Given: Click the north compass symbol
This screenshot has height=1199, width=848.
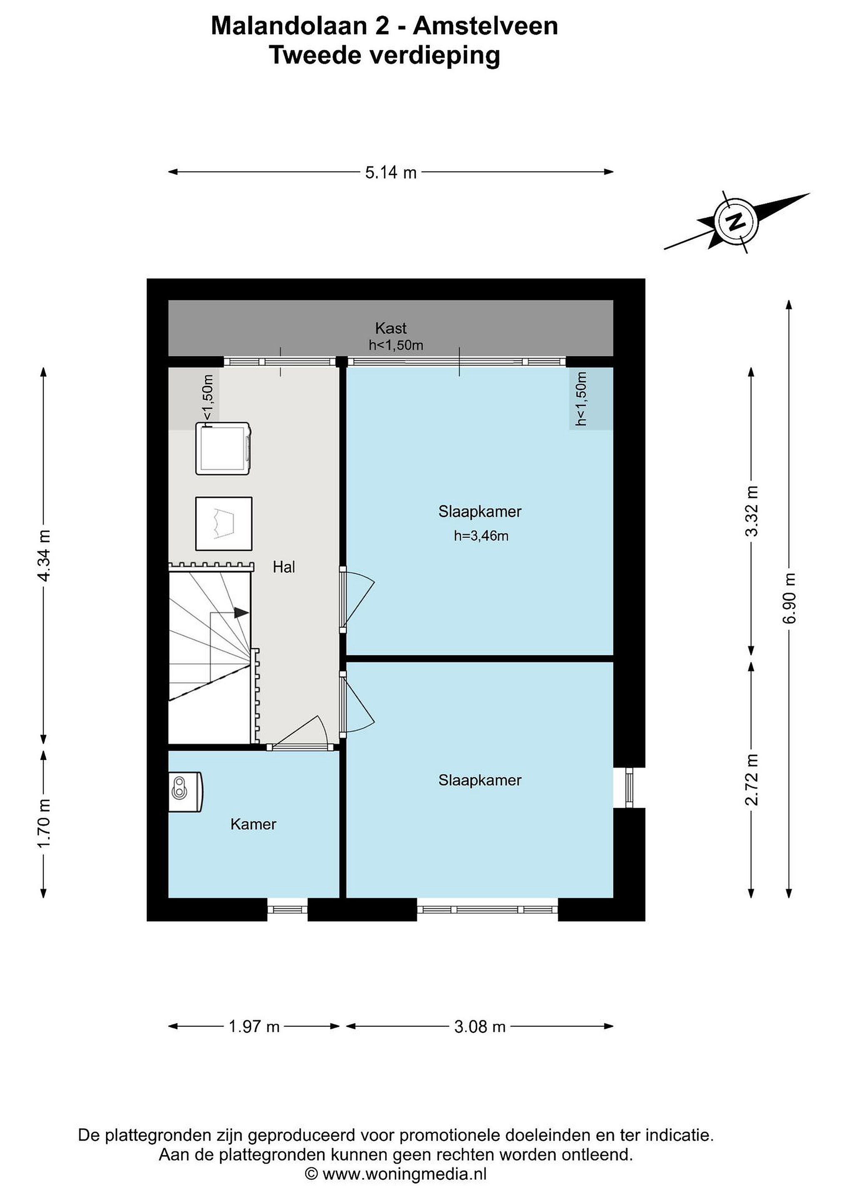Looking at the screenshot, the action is click(x=736, y=222).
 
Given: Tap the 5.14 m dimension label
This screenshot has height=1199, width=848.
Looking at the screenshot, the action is click(x=390, y=172).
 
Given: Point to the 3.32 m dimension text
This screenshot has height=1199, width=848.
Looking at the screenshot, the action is click(x=751, y=511).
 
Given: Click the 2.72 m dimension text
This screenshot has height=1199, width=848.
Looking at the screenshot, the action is click(x=751, y=780).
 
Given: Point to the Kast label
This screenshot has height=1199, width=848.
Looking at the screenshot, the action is click(x=390, y=328).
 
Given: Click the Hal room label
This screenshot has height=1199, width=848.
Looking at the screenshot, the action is click(x=284, y=567).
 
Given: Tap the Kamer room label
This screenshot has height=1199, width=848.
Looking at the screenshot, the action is click(x=253, y=824).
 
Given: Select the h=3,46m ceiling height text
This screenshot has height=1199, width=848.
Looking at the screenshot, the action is click(x=481, y=536).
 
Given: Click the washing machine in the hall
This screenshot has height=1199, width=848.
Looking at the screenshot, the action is click(x=224, y=448).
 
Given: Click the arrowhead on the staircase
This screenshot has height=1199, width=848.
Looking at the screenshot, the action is click(x=241, y=612).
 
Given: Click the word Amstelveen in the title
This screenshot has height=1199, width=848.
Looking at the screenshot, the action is click(x=486, y=26).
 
